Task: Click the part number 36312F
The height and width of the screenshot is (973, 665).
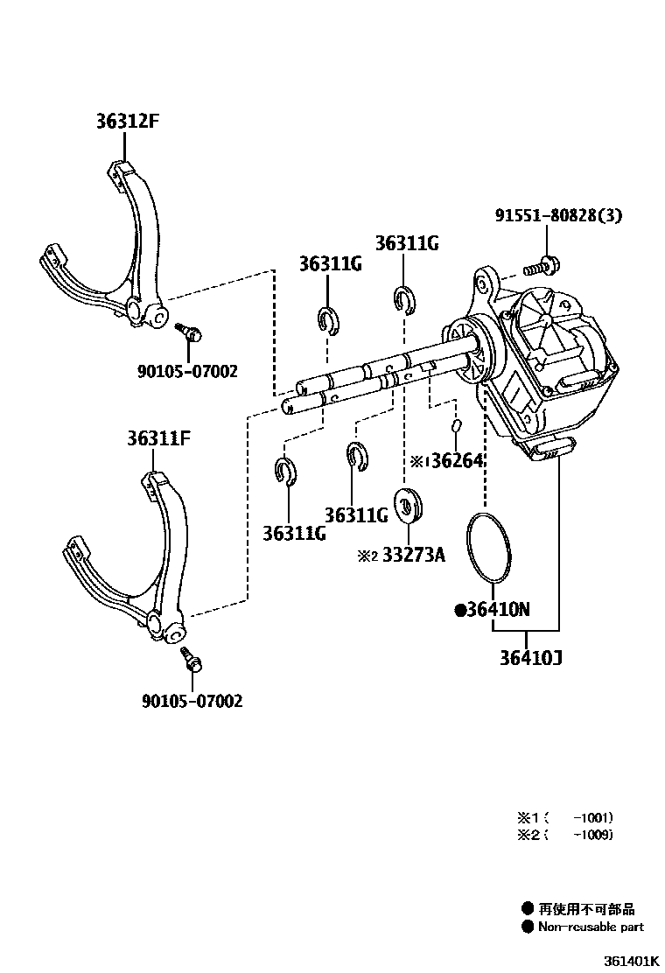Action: tap(127, 122)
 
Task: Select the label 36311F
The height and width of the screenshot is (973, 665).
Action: tap(156, 437)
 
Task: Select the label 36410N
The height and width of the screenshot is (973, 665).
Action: tap(492, 610)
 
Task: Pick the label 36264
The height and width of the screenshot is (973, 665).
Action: tap(457, 460)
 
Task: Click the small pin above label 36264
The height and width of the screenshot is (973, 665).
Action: tap(456, 426)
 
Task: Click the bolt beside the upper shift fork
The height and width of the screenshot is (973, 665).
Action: tap(189, 332)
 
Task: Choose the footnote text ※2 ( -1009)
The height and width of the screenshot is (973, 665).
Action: tap(564, 834)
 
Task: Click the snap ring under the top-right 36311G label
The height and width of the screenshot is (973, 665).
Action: tap(404, 299)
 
